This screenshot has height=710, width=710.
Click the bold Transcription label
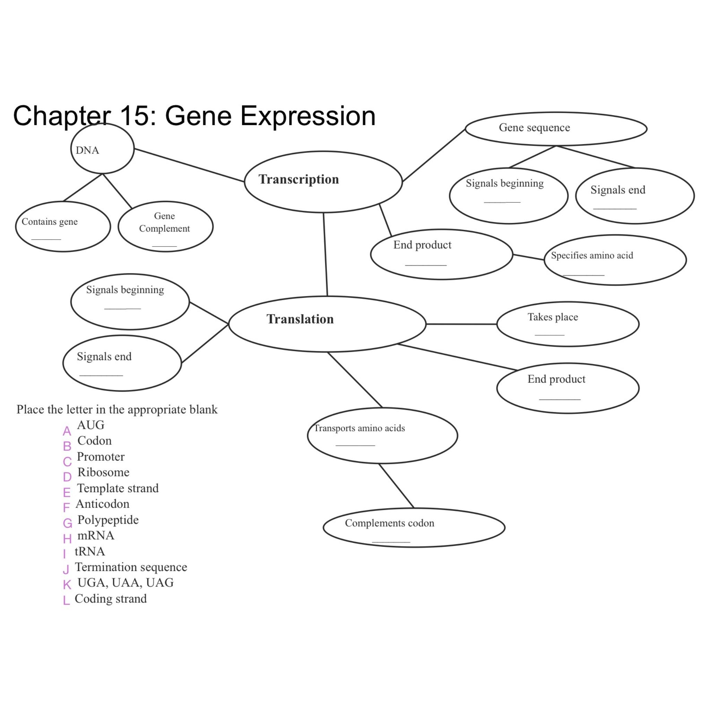(298, 179)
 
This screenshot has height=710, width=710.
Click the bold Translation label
(300, 319)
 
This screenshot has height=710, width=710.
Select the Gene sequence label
(534, 128)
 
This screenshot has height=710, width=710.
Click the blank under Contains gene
(46, 239)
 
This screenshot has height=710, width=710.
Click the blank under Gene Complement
(164, 246)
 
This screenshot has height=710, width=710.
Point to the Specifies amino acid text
(592, 256)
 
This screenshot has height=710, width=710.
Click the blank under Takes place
(549, 335)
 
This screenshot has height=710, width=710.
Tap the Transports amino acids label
(359, 428)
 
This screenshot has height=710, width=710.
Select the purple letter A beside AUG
(67, 431)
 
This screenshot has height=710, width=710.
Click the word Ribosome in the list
(103, 472)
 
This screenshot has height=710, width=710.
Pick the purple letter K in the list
(67, 585)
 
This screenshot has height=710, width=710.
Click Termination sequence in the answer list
(131, 567)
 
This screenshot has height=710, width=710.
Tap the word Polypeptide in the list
(108, 520)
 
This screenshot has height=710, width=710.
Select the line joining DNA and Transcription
(189, 165)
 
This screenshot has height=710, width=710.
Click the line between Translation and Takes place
(461, 324)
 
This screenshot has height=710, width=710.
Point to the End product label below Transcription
(422, 245)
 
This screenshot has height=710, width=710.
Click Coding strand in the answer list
(111, 599)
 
